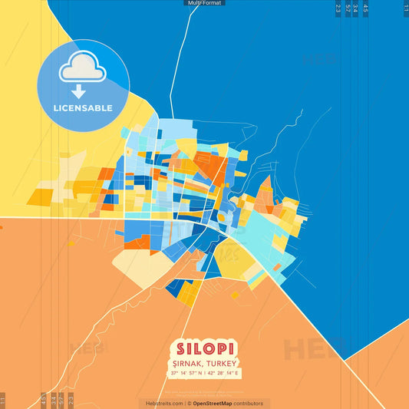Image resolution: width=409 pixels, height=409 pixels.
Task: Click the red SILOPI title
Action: tap(205, 347)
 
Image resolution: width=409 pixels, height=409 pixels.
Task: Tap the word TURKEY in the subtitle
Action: tap(223, 363)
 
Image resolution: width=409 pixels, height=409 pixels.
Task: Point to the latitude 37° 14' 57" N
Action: tap(186, 374)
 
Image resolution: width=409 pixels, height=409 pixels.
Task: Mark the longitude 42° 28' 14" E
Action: tap(224, 374)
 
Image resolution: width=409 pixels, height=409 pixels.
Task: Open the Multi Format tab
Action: tap(204, 3)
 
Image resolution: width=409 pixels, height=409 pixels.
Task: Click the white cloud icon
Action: tap(83, 68)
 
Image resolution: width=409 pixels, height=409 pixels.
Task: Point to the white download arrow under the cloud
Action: tap(83, 91)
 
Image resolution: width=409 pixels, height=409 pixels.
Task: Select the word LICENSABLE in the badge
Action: tap(83, 108)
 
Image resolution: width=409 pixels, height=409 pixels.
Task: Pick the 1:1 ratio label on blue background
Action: tap(406, 8)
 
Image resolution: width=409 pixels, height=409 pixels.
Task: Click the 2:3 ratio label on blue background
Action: tap(338, 8)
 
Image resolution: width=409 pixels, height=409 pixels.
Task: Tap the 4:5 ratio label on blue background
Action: tap(365, 8)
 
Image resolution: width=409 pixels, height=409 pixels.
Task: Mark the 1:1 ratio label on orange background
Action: tap(3, 400)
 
